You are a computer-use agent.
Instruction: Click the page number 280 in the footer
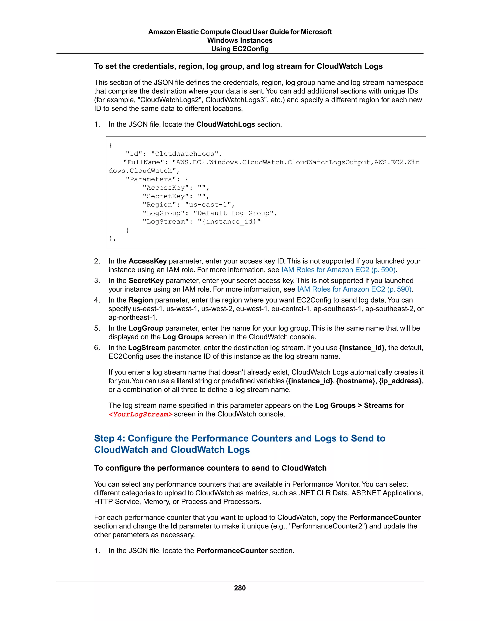coord(240,588)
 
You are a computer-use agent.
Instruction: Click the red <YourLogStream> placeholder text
coord(140,414)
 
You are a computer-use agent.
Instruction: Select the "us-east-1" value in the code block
coord(210,205)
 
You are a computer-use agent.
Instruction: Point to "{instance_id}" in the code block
coord(229,222)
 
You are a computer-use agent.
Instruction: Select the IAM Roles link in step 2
coord(338,269)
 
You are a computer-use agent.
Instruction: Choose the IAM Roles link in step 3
coord(354,289)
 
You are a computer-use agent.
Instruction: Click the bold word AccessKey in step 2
coord(148,261)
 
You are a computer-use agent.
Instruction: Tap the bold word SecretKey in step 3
coord(146,281)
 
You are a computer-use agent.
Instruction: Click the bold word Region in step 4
coord(141,300)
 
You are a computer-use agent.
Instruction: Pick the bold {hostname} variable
coord(356,381)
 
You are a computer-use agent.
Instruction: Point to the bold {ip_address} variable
coord(400,381)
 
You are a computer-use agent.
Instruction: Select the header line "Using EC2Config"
coord(240,49)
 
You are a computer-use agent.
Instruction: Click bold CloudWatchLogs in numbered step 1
coord(225,124)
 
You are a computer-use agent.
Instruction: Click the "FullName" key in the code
coord(144,162)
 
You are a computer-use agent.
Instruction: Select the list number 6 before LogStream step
coord(97,348)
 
